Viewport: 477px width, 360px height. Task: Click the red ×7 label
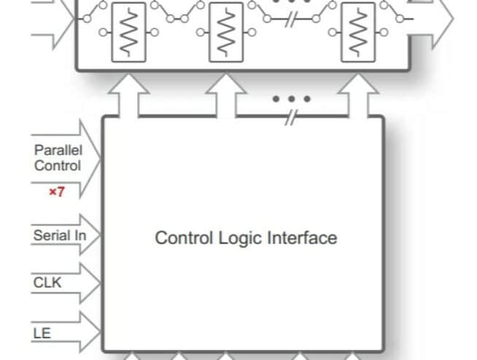[x=57, y=192]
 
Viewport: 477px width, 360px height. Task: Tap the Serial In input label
[x=60, y=235]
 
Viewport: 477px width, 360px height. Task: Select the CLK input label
[x=47, y=283]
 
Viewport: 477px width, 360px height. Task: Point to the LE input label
[x=42, y=333]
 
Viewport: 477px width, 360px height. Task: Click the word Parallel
[x=58, y=150]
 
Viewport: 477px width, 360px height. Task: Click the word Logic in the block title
[x=240, y=238]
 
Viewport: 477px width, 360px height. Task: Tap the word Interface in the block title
[x=302, y=238]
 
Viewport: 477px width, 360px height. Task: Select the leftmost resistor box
[x=128, y=32]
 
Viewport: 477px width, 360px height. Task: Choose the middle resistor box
[x=226, y=32]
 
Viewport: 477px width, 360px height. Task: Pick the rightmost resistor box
[x=358, y=32]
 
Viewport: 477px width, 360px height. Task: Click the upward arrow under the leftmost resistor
[x=128, y=95]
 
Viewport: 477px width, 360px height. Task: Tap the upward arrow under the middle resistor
[x=226, y=95]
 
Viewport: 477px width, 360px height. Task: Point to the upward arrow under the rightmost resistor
[x=358, y=95]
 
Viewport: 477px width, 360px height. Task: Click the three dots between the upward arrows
[x=292, y=99]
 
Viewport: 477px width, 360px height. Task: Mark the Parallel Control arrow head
[x=90, y=159]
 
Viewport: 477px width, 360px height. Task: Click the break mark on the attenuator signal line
[x=291, y=20]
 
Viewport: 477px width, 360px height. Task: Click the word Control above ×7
[x=58, y=165]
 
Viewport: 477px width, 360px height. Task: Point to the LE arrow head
[x=90, y=332]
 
